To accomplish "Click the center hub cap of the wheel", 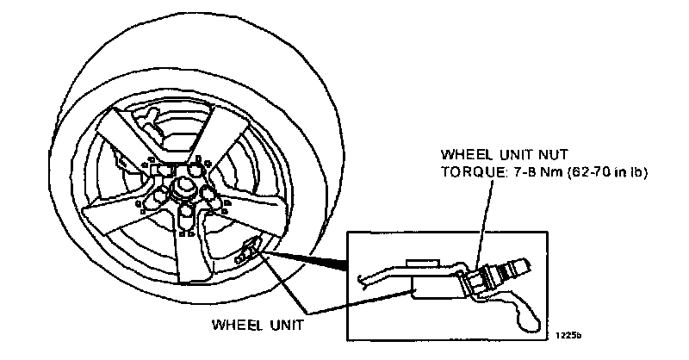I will tap(183, 187).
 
